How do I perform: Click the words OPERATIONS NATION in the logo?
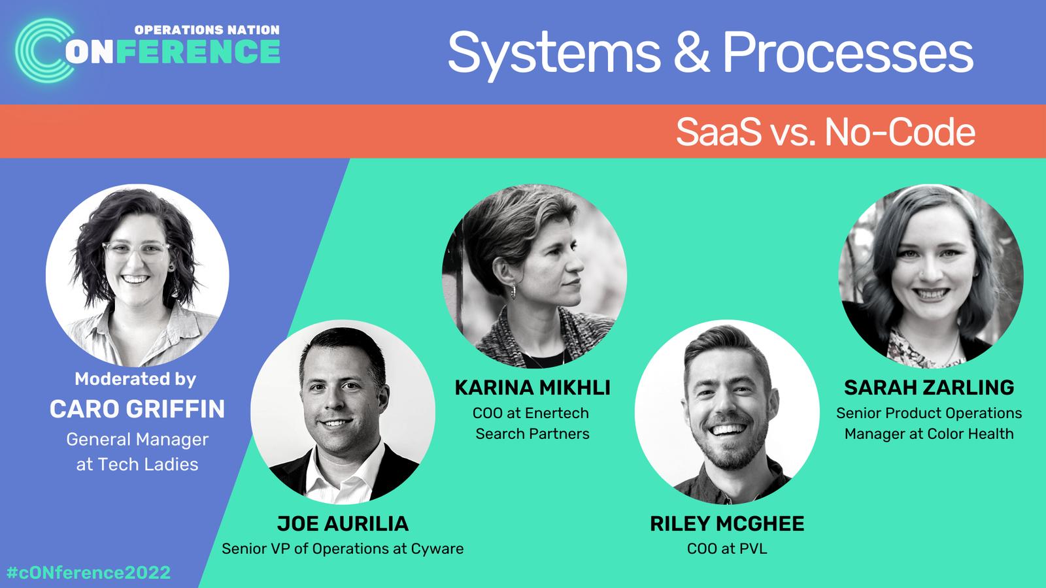coord(207,30)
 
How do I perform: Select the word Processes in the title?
coord(848,52)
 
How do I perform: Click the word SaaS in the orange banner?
coord(718,132)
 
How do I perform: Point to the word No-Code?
coord(900,132)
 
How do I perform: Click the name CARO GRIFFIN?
coord(137,409)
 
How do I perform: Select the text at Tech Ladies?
coord(137,465)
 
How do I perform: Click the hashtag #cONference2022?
coord(88,572)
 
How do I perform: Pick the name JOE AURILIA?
coord(343,523)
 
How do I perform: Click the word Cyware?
coord(437,549)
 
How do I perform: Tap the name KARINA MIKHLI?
coord(532,388)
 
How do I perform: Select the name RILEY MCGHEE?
coord(727,523)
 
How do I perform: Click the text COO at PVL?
coord(727,549)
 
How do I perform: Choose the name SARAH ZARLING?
coord(929,388)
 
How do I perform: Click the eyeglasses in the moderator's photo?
coord(135,251)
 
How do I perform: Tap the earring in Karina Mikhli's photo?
coord(513,291)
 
